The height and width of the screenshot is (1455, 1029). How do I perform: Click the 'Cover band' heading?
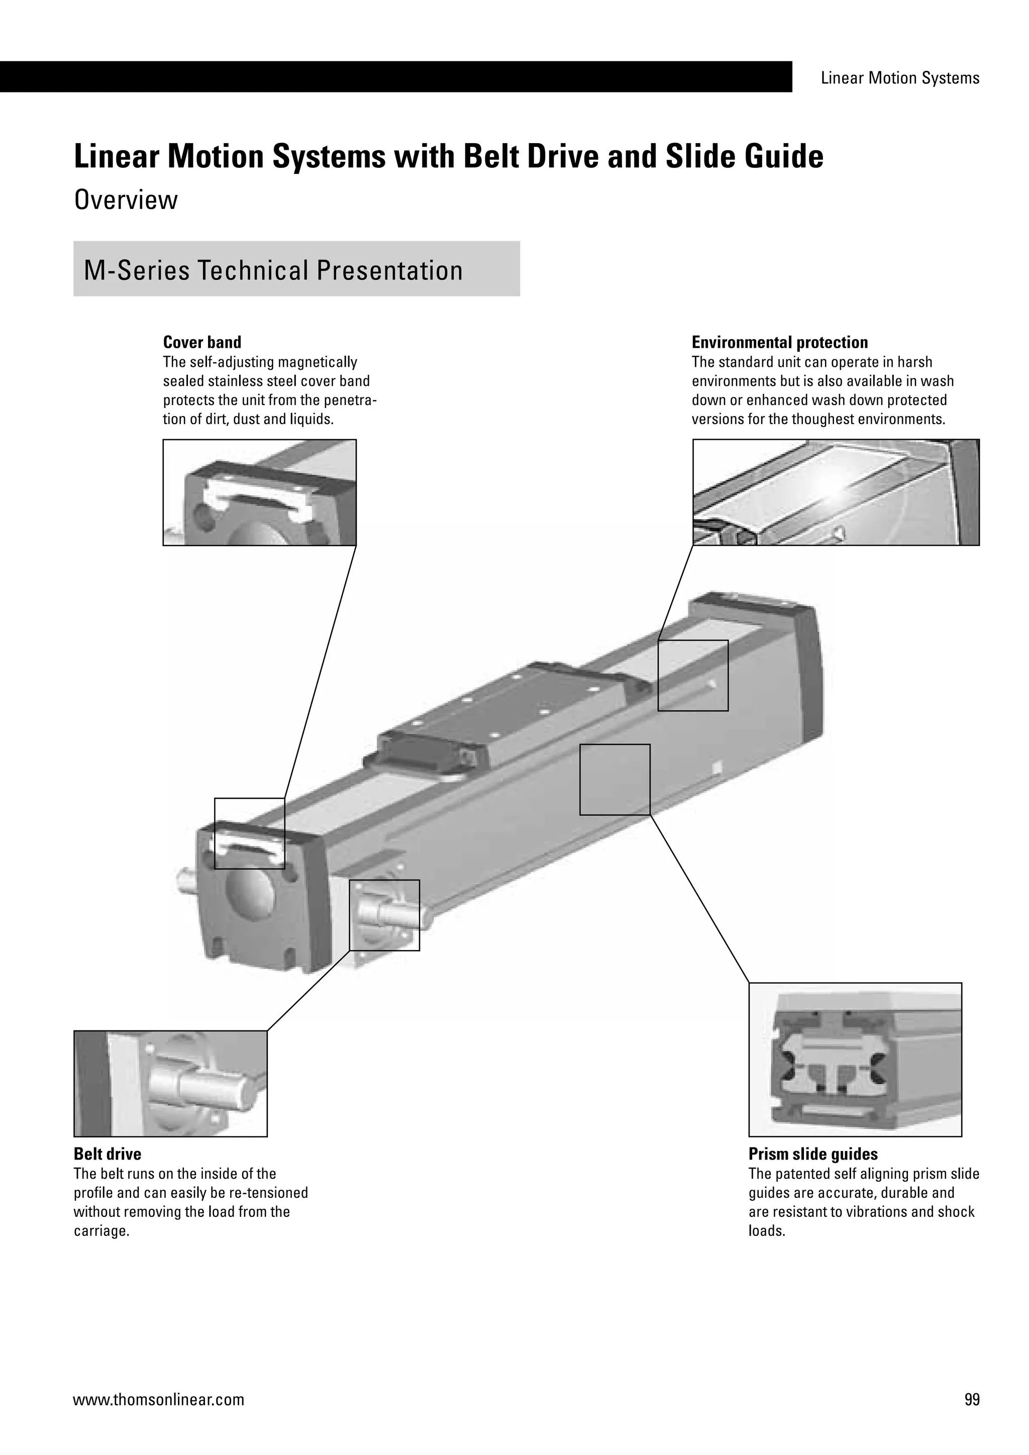click(x=202, y=342)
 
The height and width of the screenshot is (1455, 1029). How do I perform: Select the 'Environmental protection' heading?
click(x=779, y=342)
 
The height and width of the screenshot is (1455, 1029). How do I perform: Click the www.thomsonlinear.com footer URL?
click(x=158, y=1400)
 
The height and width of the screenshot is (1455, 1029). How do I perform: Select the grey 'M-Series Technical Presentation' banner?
click(x=296, y=269)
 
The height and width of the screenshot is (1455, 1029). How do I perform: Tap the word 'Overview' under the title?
click(x=126, y=200)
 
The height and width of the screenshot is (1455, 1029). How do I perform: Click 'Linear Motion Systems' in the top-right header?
click(x=900, y=78)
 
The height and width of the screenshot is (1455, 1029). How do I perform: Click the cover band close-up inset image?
click(x=259, y=492)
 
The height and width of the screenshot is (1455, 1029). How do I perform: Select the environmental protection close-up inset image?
click(x=836, y=492)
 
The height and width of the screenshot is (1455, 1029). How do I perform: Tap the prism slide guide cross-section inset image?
click(x=855, y=1060)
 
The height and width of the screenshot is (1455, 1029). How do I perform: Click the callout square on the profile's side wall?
click(x=614, y=779)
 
